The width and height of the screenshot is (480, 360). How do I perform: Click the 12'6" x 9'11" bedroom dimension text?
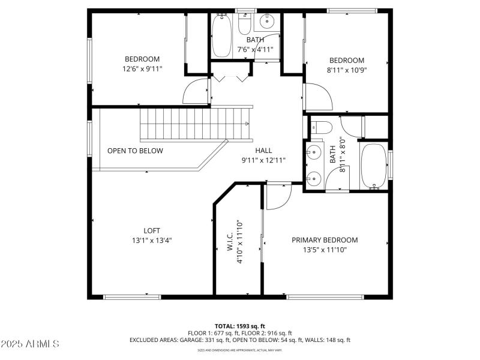(142, 69)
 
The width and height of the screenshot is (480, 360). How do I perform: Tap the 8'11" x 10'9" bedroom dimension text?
(347, 70)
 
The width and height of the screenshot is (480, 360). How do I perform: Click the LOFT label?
(152, 230)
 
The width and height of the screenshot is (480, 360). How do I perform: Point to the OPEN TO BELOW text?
(135, 151)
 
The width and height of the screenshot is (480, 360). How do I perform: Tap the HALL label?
(263, 151)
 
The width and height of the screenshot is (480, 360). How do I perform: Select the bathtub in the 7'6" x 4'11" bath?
(222, 35)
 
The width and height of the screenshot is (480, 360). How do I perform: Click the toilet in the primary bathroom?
(320, 127)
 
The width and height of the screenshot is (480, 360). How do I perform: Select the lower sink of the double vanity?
(313, 177)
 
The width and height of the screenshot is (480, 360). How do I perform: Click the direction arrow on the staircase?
(246, 124)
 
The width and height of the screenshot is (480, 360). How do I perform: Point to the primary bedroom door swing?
(277, 198)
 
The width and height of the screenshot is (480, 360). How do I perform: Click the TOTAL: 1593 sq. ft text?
(240, 326)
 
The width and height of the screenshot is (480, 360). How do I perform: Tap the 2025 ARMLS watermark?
(30, 344)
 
